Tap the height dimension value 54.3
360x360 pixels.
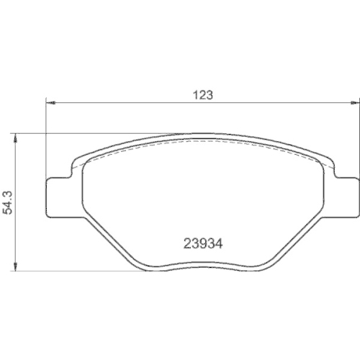(x=9, y=203)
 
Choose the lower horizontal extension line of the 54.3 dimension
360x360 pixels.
(x=72, y=271)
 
